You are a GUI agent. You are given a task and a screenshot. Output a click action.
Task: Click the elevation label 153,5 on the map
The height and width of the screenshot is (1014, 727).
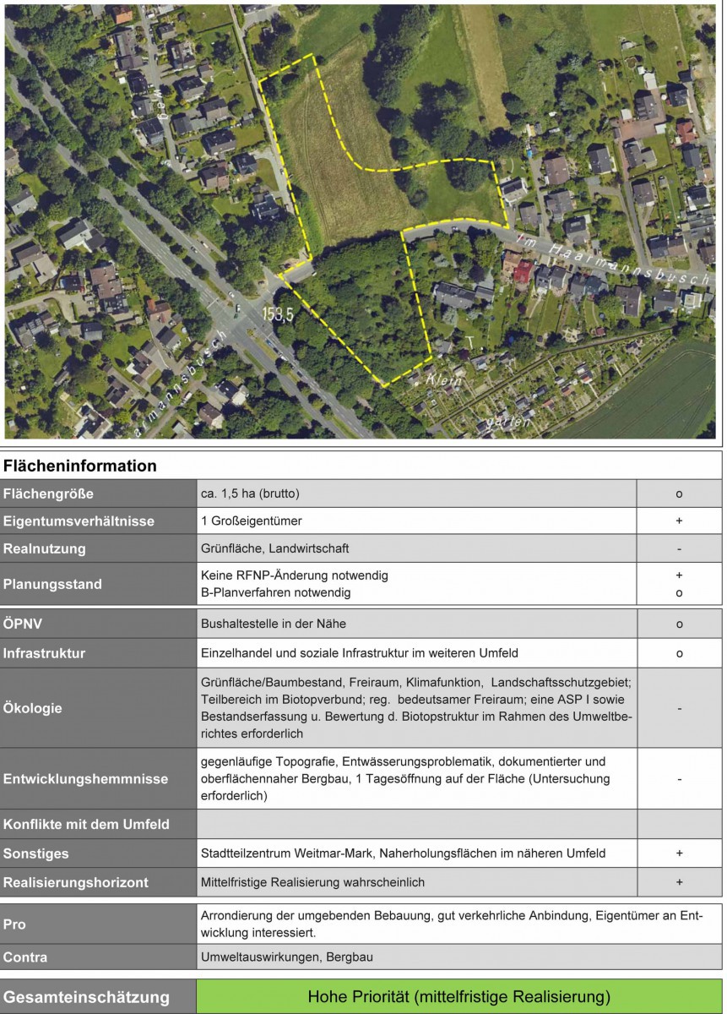click(277, 313)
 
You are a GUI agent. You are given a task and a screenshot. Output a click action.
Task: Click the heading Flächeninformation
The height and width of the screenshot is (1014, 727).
click(79, 466)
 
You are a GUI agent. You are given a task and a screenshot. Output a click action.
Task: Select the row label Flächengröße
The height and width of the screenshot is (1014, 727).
click(48, 493)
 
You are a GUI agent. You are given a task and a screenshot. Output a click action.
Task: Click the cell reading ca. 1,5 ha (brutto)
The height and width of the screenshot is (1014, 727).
click(250, 493)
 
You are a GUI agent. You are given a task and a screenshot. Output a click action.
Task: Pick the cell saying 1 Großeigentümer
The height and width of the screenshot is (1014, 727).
click(251, 521)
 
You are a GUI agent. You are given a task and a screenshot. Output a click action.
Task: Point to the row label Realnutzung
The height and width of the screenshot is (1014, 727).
click(44, 548)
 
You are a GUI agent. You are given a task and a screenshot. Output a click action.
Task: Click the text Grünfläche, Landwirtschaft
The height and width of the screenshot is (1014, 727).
click(274, 548)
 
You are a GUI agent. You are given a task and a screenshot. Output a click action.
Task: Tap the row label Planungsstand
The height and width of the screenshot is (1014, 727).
click(52, 584)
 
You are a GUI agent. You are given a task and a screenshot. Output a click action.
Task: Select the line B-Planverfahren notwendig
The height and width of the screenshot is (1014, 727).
click(275, 592)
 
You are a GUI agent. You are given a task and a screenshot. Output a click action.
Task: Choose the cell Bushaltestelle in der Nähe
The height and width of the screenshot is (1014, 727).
click(273, 624)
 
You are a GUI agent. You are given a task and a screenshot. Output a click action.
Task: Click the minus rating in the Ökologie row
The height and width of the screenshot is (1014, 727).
click(679, 708)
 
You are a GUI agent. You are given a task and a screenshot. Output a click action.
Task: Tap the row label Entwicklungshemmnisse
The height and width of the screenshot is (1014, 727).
click(85, 778)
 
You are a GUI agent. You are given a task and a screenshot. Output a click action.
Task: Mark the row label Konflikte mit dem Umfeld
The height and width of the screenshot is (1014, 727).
click(86, 824)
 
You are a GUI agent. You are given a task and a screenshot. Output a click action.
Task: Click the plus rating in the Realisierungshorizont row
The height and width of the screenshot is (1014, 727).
click(679, 882)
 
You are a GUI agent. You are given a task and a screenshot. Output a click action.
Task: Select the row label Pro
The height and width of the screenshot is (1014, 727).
click(14, 924)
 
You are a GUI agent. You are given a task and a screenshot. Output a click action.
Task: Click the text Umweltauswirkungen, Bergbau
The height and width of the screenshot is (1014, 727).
click(286, 957)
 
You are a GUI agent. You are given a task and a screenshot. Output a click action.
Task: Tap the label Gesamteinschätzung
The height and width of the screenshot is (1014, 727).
click(86, 997)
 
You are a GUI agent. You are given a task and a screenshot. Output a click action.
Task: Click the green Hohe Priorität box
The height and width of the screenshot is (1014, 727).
click(458, 997)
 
